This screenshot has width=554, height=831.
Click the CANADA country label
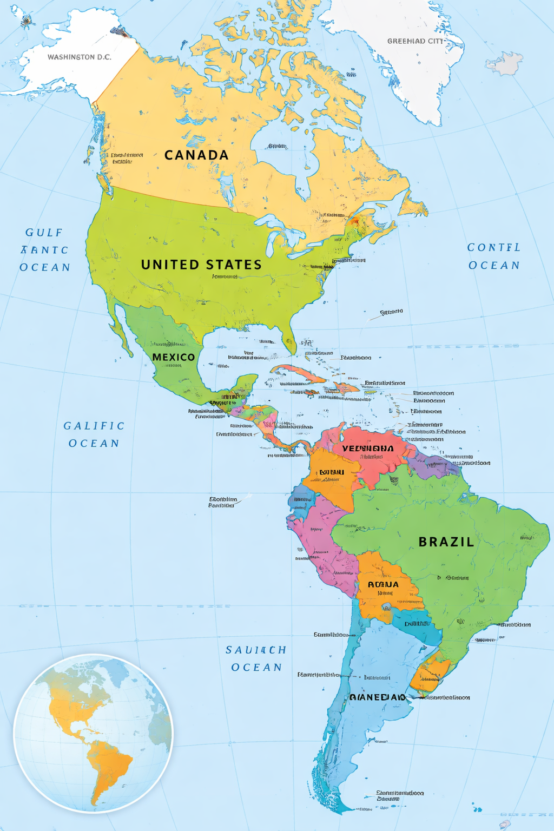coord(196,155)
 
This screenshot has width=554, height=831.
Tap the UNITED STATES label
coord(201,265)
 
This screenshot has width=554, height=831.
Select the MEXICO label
coord(174,357)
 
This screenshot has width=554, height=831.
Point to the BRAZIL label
coord(446,542)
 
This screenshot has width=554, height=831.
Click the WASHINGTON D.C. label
coord(79,57)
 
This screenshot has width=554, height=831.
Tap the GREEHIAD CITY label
coord(415,41)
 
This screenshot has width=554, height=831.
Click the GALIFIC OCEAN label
coord(94,434)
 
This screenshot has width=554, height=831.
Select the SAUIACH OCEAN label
coord(256,658)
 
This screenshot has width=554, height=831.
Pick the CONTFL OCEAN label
coord(494,256)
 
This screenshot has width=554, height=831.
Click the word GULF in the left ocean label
coord(44,233)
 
